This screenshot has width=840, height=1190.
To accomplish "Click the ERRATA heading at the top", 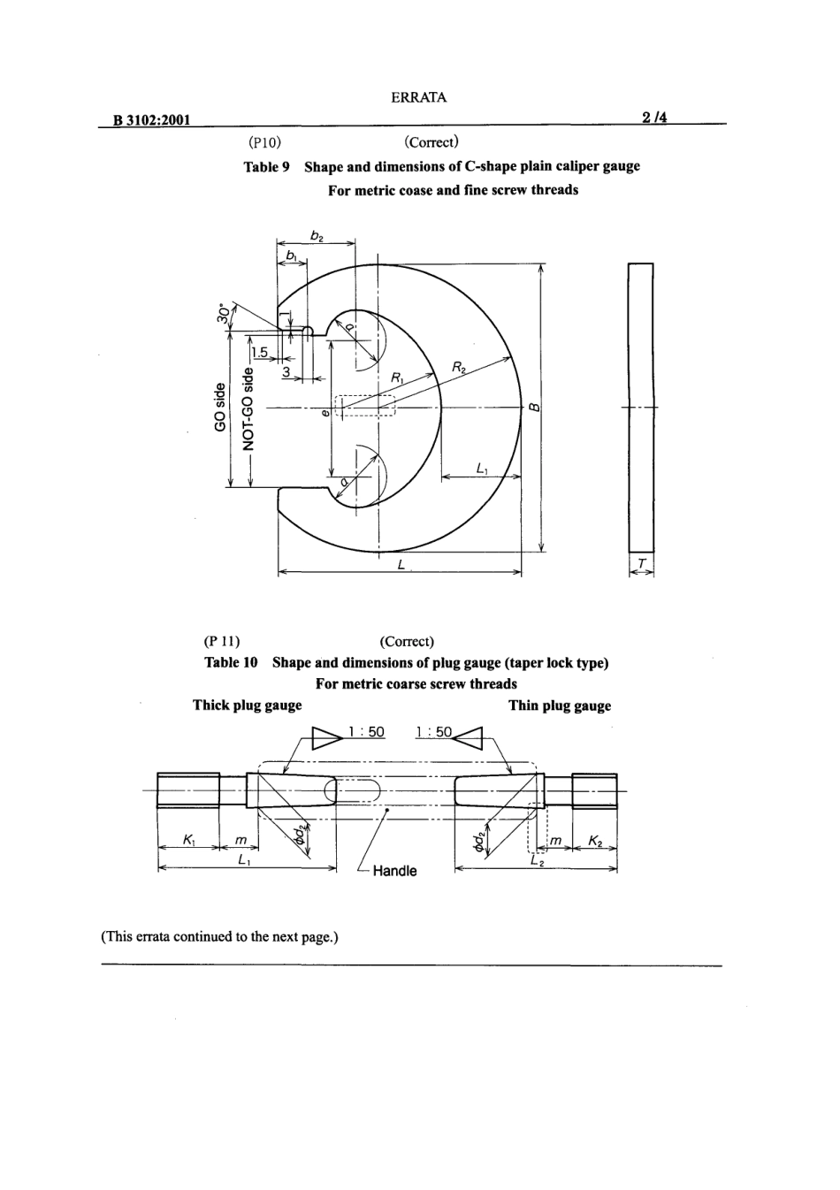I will [x=418, y=98].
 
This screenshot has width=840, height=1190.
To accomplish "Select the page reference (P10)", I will [x=264, y=142].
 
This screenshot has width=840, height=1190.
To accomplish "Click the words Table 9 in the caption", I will [x=266, y=166].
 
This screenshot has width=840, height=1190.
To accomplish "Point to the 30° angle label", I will [x=225, y=314].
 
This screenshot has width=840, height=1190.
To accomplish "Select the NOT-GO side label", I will [x=249, y=408].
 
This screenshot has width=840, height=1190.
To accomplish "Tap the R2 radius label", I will [x=460, y=367].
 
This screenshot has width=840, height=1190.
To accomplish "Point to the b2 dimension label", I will [x=317, y=236].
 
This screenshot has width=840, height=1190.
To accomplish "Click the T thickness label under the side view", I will [x=641, y=563].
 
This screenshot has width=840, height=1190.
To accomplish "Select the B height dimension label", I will [x=533, y=408].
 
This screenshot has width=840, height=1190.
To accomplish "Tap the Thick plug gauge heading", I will [x=247, y=705].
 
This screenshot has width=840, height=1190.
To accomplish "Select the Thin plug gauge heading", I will [x=559, y=706].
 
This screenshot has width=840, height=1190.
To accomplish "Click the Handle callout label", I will [x=394, y=871].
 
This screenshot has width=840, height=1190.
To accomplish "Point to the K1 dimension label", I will [x=188, y=838].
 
